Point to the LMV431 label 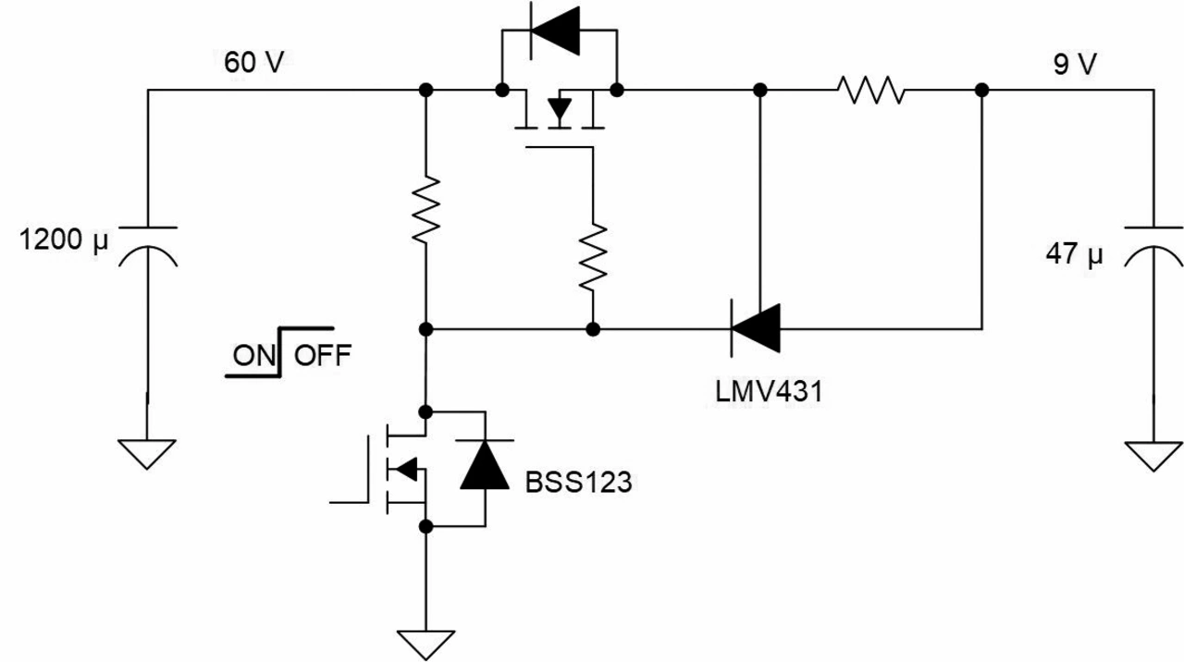(x=768, y=391)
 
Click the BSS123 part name (x=578, y=482)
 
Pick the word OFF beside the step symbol (x=323, y=355)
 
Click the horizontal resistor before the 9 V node (x=870, y=90)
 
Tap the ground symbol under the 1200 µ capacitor (x=147, y=453)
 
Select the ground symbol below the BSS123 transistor (x=426, y=644)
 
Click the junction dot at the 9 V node (x=981, y=90)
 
